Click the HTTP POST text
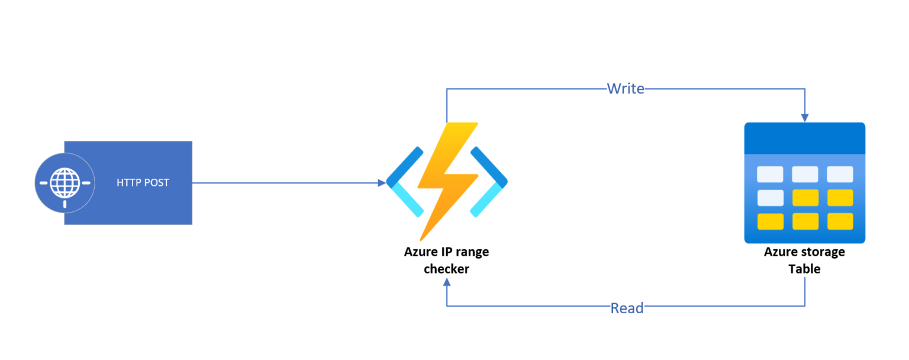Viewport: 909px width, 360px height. (143, 183)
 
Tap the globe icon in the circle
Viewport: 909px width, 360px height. (65, 183)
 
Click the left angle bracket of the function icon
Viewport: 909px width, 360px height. (405, 182)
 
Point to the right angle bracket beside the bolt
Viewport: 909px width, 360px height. (489, 182)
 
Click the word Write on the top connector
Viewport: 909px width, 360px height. (626, 89)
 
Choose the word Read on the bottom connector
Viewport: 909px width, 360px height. (627, 308)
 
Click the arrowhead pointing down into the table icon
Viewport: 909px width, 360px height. (805, 118)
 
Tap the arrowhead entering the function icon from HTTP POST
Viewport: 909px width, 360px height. (382, 183)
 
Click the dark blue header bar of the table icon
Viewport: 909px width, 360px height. (805, 139)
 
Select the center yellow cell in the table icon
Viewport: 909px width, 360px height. (805, 198)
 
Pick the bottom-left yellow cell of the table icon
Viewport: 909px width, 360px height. (770, 221)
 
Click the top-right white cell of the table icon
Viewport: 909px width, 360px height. (840, 174)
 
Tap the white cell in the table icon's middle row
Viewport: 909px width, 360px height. (770, 198)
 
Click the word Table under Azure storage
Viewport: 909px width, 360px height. (804, 269)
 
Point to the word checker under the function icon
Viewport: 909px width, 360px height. (446, 269)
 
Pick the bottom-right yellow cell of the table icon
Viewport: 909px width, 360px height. (840, 221)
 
